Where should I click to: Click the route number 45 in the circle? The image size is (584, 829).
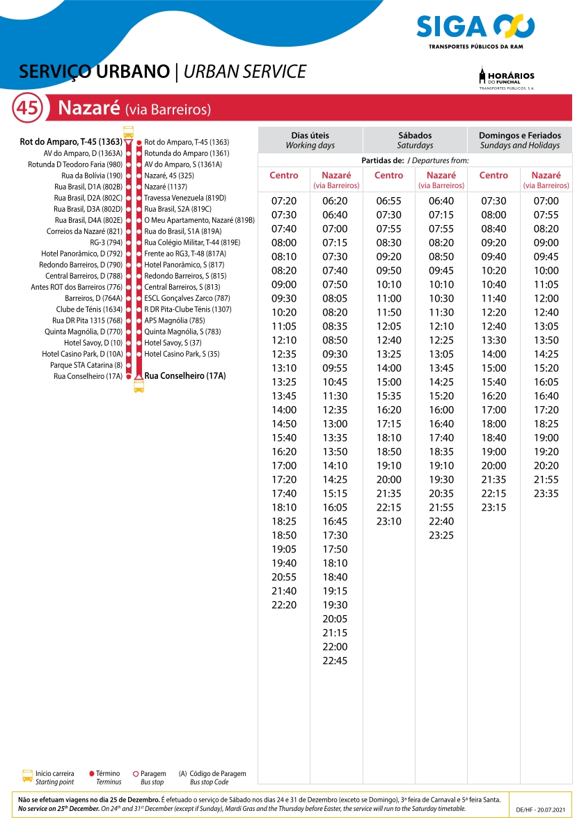pyautogui.click(x=28, y=109)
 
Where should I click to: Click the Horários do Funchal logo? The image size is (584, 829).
pyautogui.click(x=507, y=79)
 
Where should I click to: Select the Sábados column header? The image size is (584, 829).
pyautogui.click(x=415, y=140)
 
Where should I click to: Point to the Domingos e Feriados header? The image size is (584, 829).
pyautogui.click(x=519, y=140)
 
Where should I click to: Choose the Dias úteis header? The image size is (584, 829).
pyautogui.click(x=310, y=140)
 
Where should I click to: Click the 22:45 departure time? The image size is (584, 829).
pyautogui.click(x=335, y=660)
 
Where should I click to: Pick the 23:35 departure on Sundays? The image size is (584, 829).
pyautogui.click(x=546, y=493)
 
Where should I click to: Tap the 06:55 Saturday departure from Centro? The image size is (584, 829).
pyautogui.click(x=388, y=201)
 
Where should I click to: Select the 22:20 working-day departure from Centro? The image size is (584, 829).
pyautogui.click(x=284, y=605)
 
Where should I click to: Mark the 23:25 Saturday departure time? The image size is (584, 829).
pyautogui.click(x=441, y=535)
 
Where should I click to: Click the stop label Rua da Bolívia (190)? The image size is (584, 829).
pyautogui.click(x=92, y=176)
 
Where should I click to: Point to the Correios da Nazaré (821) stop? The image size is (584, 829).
pyautogui.click(x=84, y=231)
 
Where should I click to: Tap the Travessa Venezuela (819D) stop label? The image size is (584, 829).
pyautogui.click(x=185, y=198)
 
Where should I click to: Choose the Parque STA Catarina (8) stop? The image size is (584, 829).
pyautogui.click(x=86, y=365)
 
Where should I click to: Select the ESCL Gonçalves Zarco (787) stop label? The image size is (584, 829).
pyautogui.click(x=187, y=298)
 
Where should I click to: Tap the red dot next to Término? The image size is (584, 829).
pyautogui.click(x=92, y=773)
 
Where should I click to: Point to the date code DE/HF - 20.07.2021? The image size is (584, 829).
pyautogui.click(x=542, y=811)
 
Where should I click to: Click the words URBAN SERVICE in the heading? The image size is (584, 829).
pyautogui.click(x=245, y=72)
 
